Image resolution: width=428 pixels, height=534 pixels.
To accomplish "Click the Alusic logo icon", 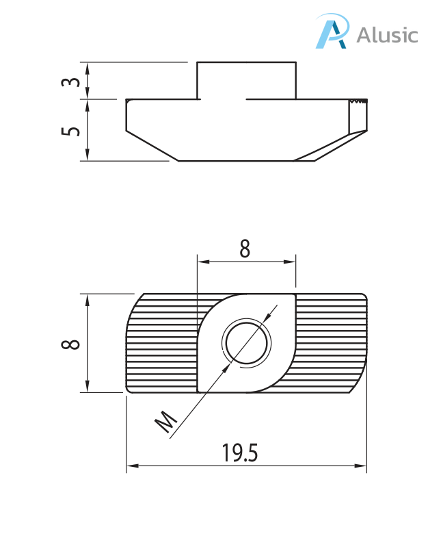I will tap(332, 33).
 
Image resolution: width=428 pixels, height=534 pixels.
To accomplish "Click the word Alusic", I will tap(387, 34).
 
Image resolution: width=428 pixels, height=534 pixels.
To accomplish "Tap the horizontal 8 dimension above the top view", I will tap(245, 249).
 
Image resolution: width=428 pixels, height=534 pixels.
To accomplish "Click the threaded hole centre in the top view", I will tap(246, 342).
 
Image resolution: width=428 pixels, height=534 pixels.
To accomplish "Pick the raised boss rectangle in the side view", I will tap(247, 80).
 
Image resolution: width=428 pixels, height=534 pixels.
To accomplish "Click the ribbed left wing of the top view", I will tap(161, 342).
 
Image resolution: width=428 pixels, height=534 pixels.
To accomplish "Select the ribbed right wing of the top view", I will tap(332, 342).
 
